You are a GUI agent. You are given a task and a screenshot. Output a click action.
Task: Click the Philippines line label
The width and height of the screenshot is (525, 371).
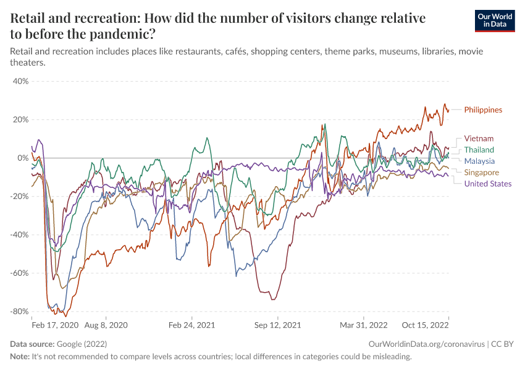coord(483,110)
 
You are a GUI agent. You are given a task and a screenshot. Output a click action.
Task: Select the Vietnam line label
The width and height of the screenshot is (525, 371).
coord(479,139)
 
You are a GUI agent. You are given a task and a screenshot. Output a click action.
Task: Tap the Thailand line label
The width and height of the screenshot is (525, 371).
coord(479,150)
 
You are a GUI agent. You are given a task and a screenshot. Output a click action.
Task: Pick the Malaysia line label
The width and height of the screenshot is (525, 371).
coord(479,161)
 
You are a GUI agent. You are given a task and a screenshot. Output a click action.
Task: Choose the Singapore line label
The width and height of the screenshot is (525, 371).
coord(481,173)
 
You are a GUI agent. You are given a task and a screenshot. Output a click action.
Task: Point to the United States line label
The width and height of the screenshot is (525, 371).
coord(487,184)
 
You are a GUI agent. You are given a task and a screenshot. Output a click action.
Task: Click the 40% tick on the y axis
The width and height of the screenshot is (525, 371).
coord(20,81)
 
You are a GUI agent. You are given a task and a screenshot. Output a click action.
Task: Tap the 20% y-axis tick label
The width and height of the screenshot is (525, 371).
coord(20,119)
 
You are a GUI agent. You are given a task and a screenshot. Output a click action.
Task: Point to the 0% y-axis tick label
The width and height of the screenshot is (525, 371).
coord(22,158)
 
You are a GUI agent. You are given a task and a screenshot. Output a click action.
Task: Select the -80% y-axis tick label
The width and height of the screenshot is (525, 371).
coord(19,311)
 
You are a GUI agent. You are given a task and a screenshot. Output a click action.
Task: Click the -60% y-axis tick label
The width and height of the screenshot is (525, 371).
coord(19,273)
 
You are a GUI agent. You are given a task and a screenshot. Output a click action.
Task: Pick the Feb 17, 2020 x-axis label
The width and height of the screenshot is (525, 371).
coord(55,325)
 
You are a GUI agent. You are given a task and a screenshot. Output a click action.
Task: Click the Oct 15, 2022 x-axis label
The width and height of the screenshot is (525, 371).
coord(426,325)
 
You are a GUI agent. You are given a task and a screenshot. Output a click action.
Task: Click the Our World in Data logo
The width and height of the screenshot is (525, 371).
coord(494,21)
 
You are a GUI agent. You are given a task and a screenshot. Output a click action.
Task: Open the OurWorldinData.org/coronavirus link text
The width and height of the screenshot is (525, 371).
coord(426,344)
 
